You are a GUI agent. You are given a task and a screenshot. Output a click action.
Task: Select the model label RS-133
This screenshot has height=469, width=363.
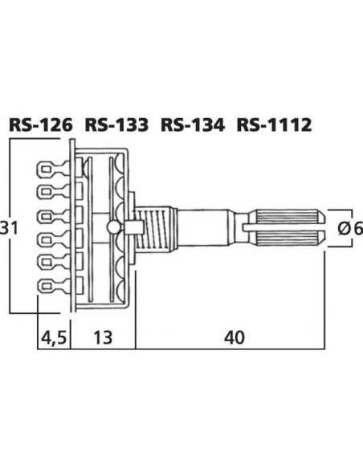tap(116, 124)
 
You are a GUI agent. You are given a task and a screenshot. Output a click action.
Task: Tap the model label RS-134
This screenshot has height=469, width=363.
tap(193, 124)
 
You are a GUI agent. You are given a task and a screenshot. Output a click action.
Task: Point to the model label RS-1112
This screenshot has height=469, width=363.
tap(274, 124)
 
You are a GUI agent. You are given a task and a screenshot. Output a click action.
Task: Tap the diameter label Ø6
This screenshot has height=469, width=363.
tap(350, 228)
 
